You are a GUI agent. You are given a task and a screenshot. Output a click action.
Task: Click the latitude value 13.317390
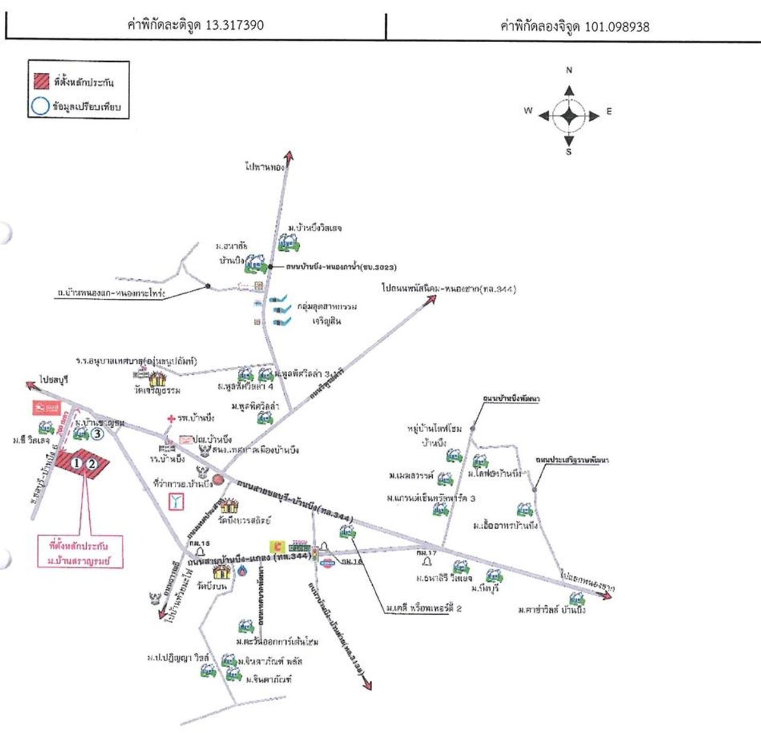pyautogui.click(x=234, y=25)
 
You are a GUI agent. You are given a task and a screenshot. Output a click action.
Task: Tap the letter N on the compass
pyautogui.click(x=569, y=70)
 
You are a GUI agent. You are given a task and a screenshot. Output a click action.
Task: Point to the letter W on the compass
pyautogui.click(x=528, y=111)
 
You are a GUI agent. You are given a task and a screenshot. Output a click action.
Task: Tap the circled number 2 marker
pyautogui.click(x=92, y=463)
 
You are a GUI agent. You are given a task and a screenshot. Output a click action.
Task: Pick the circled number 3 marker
pyautogui.click(x=97, y=433)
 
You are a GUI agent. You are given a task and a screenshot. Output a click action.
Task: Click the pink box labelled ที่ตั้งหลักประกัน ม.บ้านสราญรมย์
pyautogui.click(x=86, y=553)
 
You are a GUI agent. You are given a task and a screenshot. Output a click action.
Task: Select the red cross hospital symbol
pyautogui.click(x=171, y=419)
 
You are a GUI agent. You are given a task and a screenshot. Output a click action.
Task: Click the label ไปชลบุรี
pyautogui.click(x=54, y=379)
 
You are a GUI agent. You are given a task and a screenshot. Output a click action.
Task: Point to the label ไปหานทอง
pyautogui.click(x=265, y=167)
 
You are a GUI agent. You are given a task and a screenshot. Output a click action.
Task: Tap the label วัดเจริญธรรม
pyautogui.click(x=157, y=391)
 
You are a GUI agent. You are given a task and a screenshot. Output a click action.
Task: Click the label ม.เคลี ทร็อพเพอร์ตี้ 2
pyautogui.click(x=424, y=608)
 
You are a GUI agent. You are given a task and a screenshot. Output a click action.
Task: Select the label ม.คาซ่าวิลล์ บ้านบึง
pyautogui.click(x=551, y=610)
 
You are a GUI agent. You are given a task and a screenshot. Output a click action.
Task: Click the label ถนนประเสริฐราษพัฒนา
pyautogui.click(x=571, y=460)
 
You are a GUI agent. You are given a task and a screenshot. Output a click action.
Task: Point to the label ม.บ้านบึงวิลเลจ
pyautogui.click(x=315, y=228)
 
